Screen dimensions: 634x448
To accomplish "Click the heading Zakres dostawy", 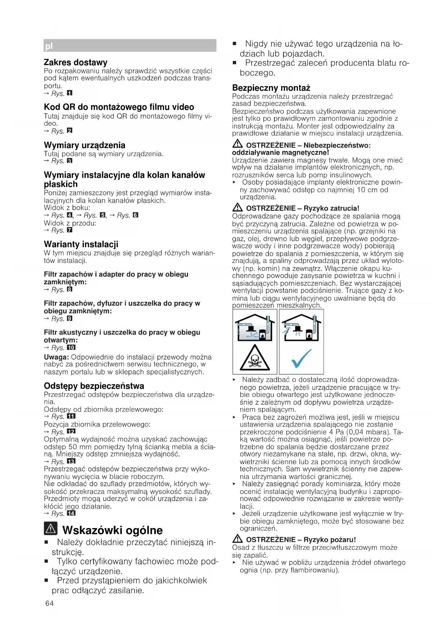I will click(x=75, y=63).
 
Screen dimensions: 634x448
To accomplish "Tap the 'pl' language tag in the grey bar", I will click(x=49, y=46).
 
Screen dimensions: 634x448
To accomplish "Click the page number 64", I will click(x=49, y=603).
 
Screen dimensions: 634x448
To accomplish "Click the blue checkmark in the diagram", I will click(x=301, y=358).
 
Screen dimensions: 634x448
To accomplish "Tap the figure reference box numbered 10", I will click(x=71, y=348).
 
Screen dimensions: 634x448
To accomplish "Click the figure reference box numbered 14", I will click(x=71, y=513).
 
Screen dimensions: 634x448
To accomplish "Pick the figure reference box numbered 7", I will click(x=70, y=230).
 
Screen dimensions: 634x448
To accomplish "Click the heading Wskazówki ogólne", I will click(x=112, y=530).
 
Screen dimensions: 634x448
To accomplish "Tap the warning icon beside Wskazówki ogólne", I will click(x=51, y=529).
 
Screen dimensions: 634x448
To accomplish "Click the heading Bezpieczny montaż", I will click(x=271, y=88).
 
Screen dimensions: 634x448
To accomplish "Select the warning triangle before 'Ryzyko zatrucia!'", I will click(x=238, y=208).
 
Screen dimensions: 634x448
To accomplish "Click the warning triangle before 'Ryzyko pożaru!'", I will click(x=238, y=539).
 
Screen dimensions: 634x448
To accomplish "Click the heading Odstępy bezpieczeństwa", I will click(x=94, y=386).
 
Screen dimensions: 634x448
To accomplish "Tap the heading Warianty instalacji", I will click(x=81, y=244).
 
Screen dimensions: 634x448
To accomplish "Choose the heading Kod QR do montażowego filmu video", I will click(x=119, y=107).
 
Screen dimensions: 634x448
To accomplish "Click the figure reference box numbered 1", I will click(x=70, y=93).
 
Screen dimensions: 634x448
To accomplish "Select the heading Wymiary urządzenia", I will click(x=84, y=145).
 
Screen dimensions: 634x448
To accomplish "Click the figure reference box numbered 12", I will click(x=71, y=432).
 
